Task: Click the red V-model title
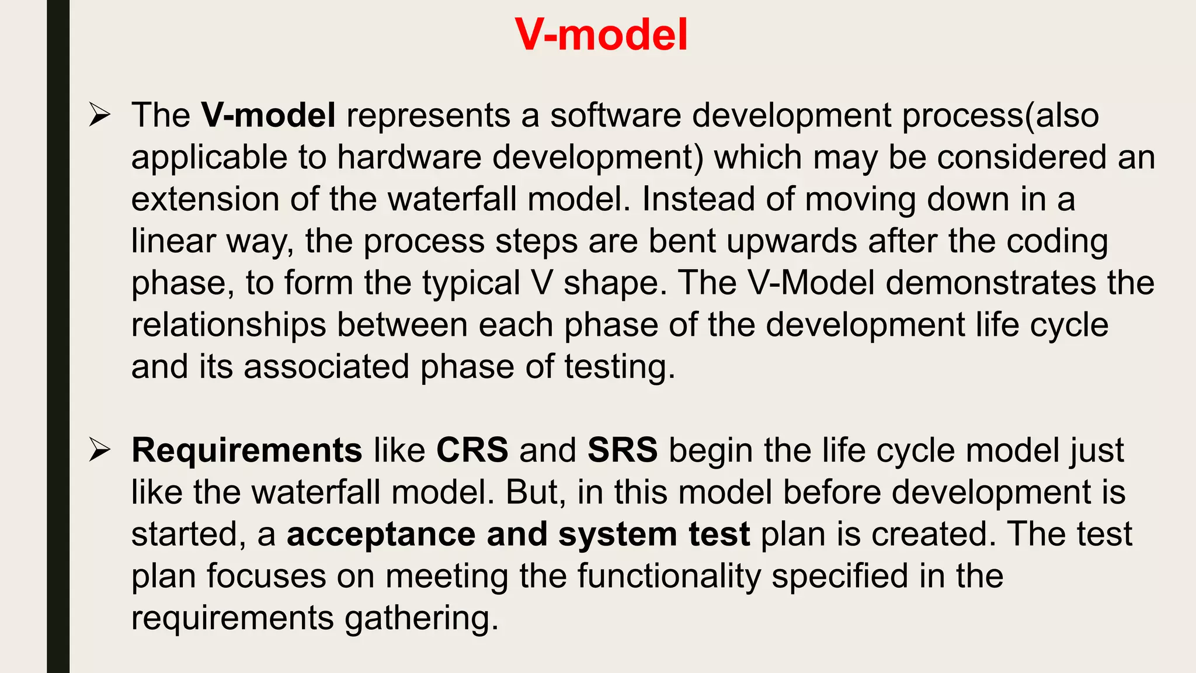(601, 35)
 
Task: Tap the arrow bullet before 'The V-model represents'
(99, 115)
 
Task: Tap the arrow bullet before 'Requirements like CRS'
(99, 450)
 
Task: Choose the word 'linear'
(173, 241)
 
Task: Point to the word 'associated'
(326, 367)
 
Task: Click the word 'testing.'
(620, 367)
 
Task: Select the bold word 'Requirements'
(246, 450)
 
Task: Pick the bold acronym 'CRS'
(472, 450)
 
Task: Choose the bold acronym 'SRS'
(622, 450)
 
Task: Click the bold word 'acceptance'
(381, 535)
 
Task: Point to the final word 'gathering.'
(422, 618)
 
